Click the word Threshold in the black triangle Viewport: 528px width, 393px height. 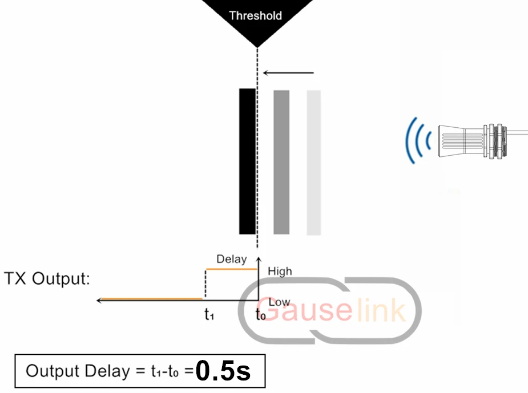tap(255, 15)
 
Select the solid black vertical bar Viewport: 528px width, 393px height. tap(247, 161)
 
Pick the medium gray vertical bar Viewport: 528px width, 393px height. tap(281, 162)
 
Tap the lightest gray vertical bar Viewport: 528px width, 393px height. tap(313, 163)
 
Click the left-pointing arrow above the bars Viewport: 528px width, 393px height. tap(288, 72)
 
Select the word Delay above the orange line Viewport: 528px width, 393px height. tap(231, 259)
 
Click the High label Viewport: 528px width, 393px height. tap(280, 271)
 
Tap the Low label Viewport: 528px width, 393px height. tap(279, 302)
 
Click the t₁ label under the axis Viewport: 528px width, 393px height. tap(209, 314)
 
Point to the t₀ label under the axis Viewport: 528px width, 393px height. tap(261, 314)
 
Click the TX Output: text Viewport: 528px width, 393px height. tap(47, 278)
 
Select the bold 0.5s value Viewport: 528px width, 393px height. tap(223, 371)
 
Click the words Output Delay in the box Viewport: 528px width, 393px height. tap(78, 371)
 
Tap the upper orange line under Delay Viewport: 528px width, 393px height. tap(232, 269)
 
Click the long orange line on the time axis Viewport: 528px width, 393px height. tap(151, 299)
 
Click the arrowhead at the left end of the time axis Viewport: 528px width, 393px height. tap(99, 300)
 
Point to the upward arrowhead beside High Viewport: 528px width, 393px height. tap(258, 260)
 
